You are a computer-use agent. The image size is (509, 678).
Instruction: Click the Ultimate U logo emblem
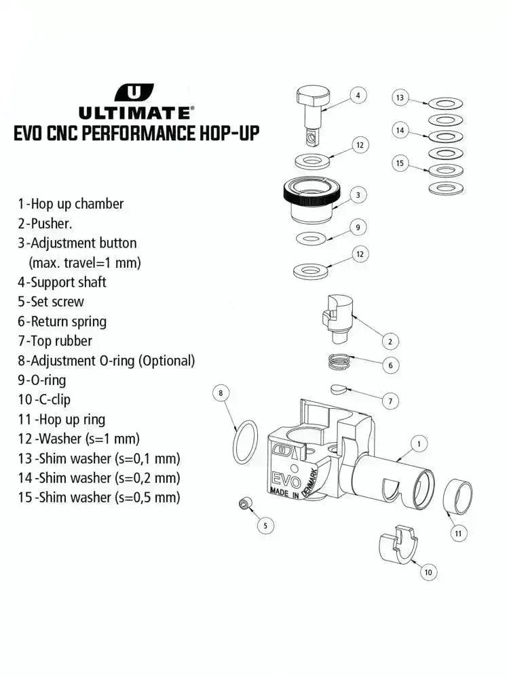tap(134, 92)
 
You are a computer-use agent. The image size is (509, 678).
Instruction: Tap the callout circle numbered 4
tap(358, 96)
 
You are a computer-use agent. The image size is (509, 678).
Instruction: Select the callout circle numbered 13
tap(400, 98)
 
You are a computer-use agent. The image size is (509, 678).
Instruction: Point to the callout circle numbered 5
tap(265, 525)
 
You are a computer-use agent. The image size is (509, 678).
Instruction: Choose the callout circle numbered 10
tap(428, 572)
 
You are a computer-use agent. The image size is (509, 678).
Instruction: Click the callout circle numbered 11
tap(458, 534)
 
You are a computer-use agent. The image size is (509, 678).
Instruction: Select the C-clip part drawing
tap(396, 546)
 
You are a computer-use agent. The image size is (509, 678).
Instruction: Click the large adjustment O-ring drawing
tap(245, 441)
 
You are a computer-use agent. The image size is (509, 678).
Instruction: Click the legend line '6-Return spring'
tap(62, 321)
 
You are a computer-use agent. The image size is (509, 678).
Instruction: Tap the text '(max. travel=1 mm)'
tap(85, 262)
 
